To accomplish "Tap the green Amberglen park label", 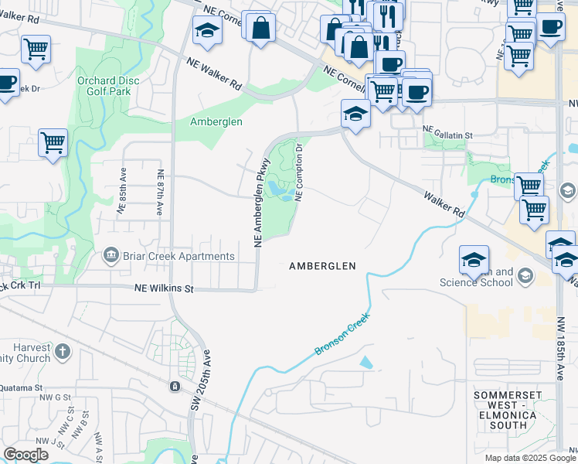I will tap(216, 121).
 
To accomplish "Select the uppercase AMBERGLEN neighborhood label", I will tap(322, 265).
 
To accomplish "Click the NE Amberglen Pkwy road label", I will tap(261, 203).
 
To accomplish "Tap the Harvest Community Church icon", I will tap(63, 353).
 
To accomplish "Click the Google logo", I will tap(25, 455).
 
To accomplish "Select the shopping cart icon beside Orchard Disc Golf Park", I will tap(53, 141).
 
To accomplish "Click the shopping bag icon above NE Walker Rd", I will tap(261, 27).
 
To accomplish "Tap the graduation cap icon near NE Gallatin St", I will tap(355, 114).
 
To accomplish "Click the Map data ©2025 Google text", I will tap(529, 458).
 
